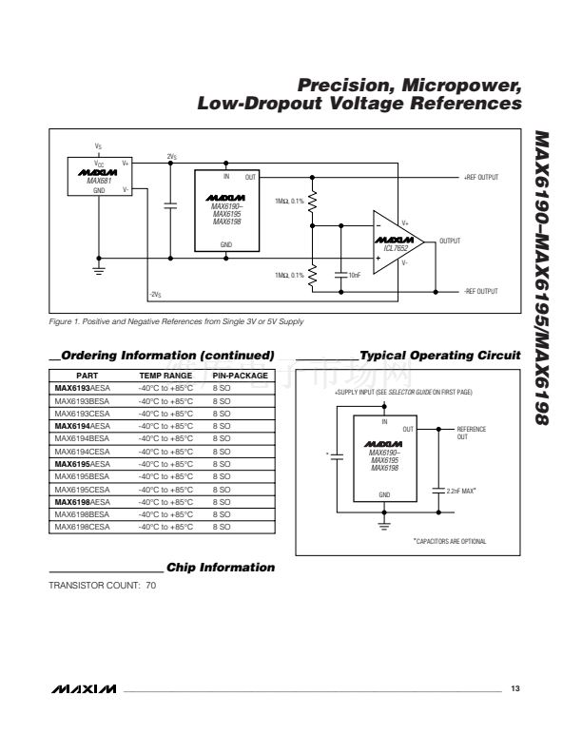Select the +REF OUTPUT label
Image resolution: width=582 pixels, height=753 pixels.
(x=481, y=177)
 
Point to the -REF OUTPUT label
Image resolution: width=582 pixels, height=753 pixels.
(x=481, y=291)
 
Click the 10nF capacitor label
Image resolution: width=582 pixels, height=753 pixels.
(x=354, y=275)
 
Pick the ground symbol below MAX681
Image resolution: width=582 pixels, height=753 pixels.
(x=99, y=269)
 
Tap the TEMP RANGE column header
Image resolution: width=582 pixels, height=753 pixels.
(x=165, y=376)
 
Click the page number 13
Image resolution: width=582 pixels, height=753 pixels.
(x=514, y=687)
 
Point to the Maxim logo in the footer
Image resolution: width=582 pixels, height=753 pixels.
(x=85, y=687)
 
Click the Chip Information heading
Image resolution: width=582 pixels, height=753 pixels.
(x=221, y=568)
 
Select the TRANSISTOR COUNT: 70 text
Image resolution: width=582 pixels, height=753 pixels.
(x=103, y=585)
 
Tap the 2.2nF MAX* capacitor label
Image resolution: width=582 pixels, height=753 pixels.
(x=461, y=492)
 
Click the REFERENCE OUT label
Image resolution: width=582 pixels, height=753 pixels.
(x=471, y=434)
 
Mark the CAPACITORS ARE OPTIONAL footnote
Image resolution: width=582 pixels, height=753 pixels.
(x=450, y=541)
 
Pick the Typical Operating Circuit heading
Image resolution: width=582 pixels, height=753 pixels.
(x=440, y=356)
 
